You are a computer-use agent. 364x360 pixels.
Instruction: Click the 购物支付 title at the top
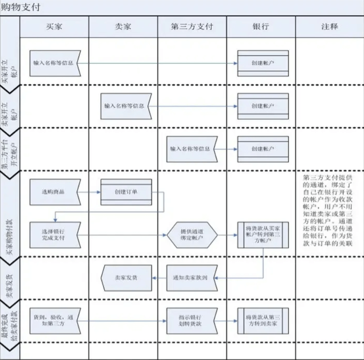(21, 7)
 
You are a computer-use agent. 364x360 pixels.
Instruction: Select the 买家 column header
(54, 27)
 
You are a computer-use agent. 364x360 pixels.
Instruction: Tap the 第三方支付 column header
(192, 27)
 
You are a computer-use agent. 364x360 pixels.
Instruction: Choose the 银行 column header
(261, 27)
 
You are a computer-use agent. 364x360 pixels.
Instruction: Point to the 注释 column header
(329, 27)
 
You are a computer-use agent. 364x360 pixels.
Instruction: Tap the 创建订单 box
(126, 192)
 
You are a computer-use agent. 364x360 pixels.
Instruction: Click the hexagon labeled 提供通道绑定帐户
(192, 235)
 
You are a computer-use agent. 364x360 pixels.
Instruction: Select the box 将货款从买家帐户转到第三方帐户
(263, 235)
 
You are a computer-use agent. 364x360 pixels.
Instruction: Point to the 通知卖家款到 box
(192, 278)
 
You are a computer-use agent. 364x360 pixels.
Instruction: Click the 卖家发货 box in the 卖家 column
(126, 278)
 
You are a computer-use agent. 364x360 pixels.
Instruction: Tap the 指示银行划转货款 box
(192, 320)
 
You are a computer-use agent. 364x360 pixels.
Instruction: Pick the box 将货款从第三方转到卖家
(263, 320)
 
